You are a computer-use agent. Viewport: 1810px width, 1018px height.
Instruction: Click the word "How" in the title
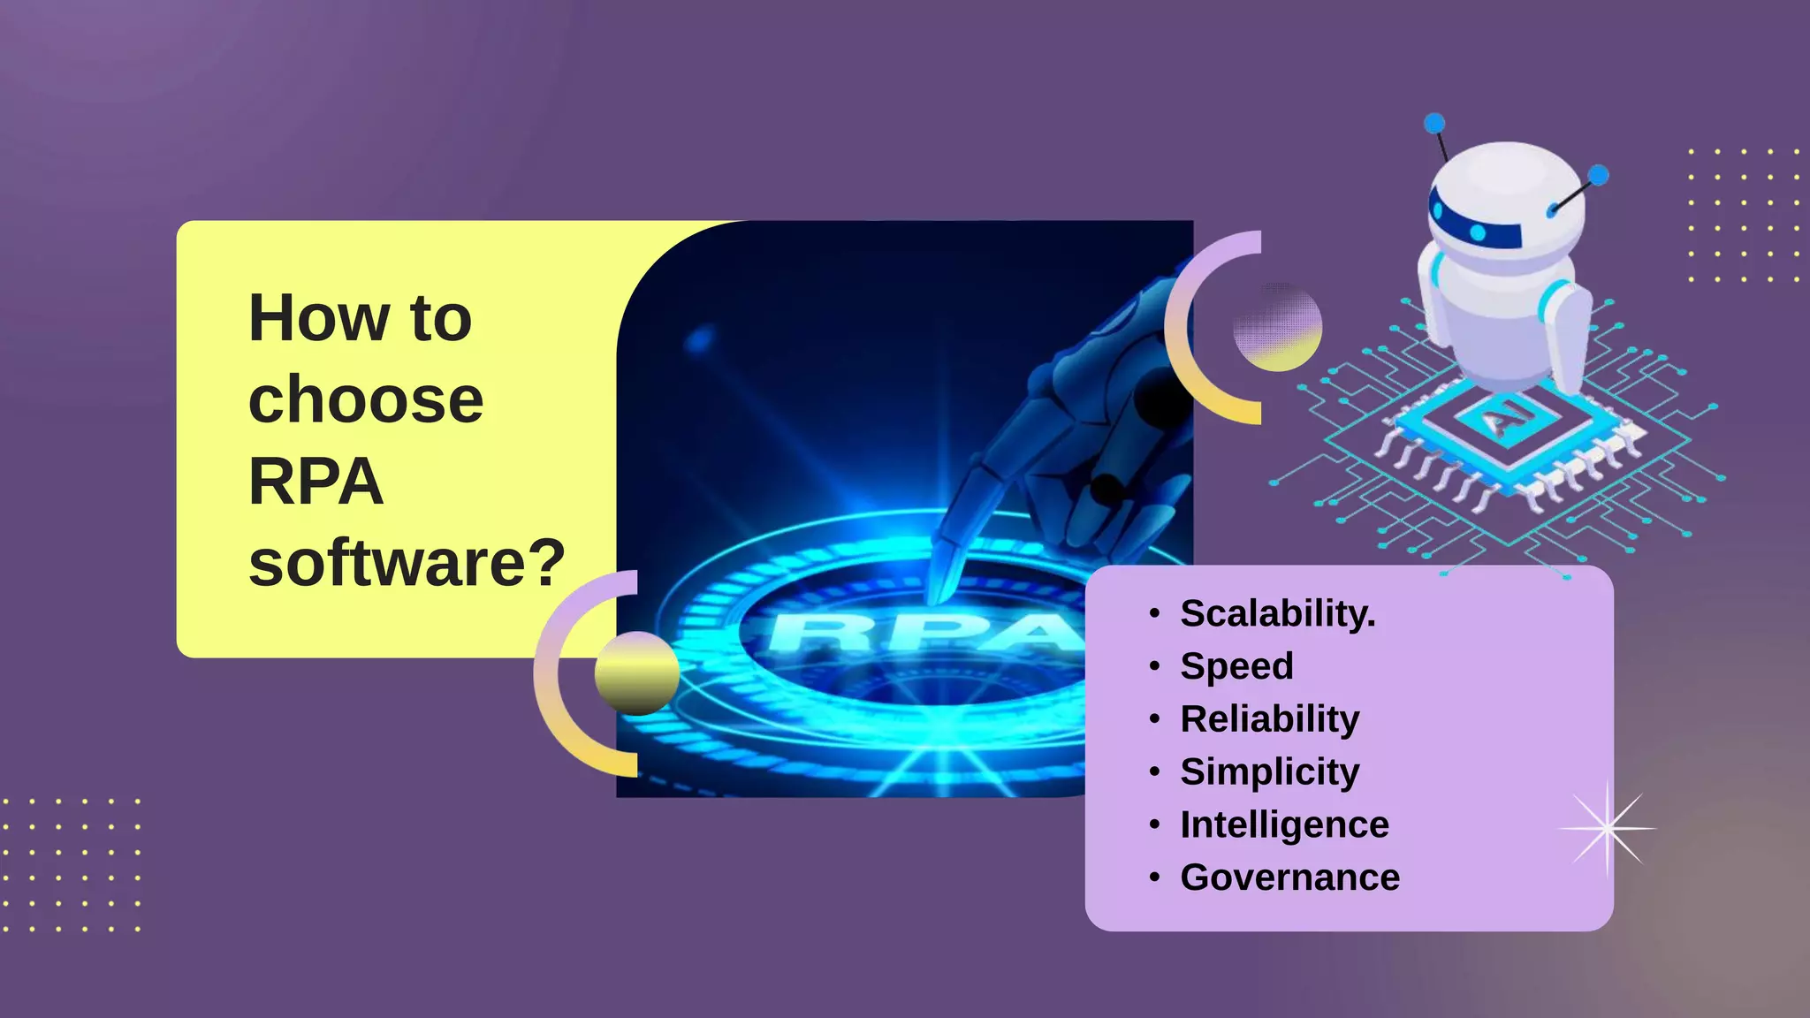tap(319, 318)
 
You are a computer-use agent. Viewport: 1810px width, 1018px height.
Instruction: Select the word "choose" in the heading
tap(366, 399)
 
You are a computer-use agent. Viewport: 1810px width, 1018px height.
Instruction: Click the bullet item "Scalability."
tap(1277, 613)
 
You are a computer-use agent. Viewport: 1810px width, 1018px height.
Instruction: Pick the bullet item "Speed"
tap(1236, 666)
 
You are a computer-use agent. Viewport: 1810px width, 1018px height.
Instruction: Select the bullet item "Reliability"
tap(1269, 719)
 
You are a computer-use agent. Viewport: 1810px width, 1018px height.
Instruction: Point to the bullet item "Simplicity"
tap(1269, 772)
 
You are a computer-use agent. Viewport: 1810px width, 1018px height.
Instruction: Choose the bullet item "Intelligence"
tap(1284, 824)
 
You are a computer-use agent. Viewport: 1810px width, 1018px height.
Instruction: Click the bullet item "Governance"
tap(1289, 877)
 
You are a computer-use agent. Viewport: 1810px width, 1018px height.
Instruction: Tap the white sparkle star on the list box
tap(1607, 829)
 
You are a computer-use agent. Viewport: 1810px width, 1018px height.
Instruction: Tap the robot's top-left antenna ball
tap(1435, 123)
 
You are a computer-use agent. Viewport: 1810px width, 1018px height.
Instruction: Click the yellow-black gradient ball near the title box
tap(636, 673)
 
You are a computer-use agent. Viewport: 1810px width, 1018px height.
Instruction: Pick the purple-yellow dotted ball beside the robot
tap(1277, 327)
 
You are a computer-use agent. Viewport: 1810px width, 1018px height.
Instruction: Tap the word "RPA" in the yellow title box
tap(316, 482)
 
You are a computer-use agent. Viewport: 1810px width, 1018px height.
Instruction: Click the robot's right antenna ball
tap(1598, 175)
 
